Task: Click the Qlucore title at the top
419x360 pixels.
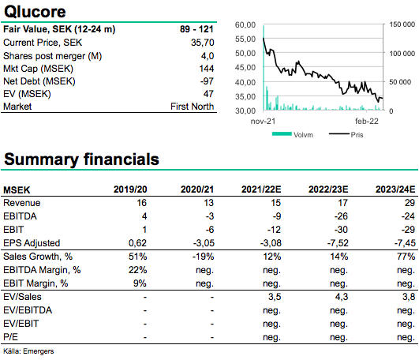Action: (35, 12)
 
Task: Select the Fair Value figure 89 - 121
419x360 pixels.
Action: (196, 29)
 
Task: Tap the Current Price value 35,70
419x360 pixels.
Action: (202, 43)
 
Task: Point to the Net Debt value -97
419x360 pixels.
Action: (207, 81)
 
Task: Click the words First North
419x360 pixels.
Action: (192, 107)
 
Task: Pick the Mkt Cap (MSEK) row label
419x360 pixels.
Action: (38, 69)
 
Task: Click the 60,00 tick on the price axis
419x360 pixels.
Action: (245, 24)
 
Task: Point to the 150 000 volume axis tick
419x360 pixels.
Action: (402, 24)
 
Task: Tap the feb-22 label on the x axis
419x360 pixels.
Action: (367, 122)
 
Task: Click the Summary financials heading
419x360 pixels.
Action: (81, 159)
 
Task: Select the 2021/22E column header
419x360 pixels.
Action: (261, 189)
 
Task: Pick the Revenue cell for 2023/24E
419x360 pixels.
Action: (410, 203)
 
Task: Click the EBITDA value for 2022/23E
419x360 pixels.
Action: (341, 216)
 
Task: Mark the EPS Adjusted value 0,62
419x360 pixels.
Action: (137, 243)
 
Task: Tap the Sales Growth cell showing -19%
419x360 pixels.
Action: (203, 257)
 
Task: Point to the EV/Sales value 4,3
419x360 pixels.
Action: (342, 297)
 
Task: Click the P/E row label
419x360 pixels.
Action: (11, 337)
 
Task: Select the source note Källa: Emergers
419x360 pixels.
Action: (28, 351)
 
